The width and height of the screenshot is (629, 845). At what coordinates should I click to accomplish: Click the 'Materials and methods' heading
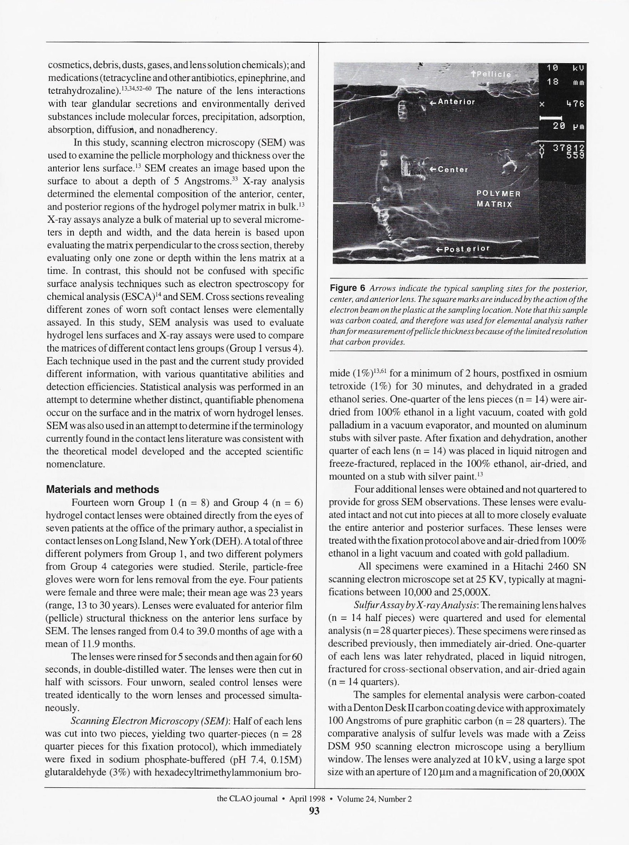point(102,490)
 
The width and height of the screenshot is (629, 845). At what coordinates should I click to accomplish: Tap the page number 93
point(314,811)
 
